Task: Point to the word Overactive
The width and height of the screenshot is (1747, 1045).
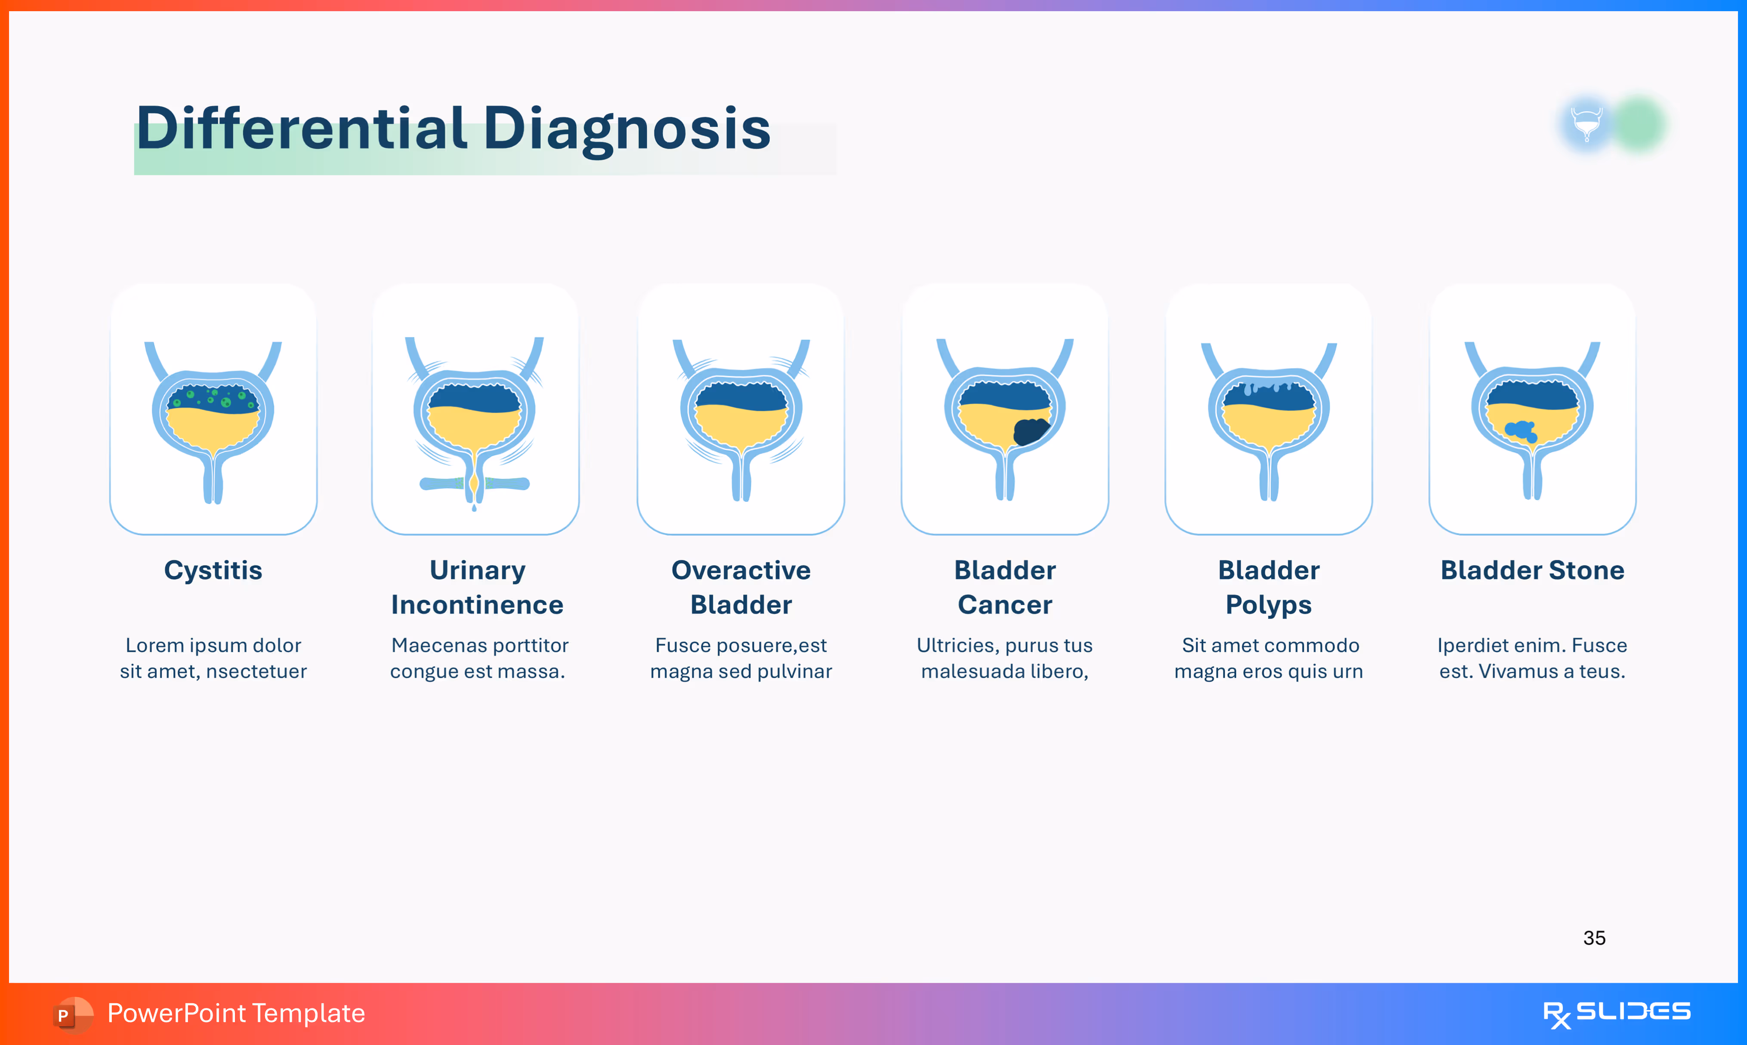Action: (741, 570)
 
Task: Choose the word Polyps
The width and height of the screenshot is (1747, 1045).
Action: (1268, 605)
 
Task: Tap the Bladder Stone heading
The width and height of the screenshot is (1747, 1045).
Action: (1532, 570)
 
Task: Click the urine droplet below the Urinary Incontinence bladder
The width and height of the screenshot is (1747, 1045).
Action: (474, 507)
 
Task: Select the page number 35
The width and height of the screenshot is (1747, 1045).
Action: (1594, 938)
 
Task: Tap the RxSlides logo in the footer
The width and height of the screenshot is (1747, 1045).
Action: (1617, 1013)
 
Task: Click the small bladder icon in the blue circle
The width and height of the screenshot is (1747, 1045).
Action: (1586, 124)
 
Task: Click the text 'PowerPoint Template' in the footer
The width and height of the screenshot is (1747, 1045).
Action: (236, 1013)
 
